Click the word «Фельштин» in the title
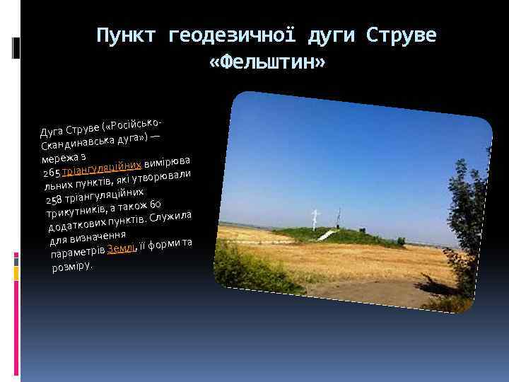pos(267,63)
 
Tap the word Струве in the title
pos(404,35)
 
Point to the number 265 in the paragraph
pos(52,174)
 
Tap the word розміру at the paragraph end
pos(71,267)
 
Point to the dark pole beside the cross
pos(338,216)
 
